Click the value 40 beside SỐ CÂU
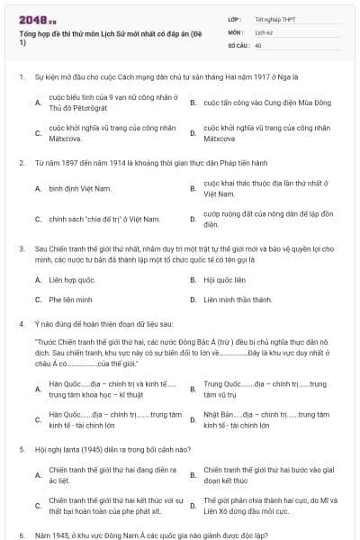coord(258,44)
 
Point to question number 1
coord(21,77)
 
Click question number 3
coord(21,247)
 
